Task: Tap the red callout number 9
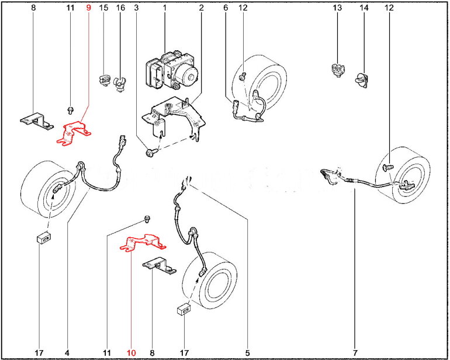pos(88,8)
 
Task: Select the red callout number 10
pos(131,352)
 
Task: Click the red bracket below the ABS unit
pos(143,243)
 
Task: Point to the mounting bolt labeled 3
pos(151,152)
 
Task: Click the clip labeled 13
pos(338,70)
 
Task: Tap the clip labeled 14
pos(362,80)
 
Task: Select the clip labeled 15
pos(105,81)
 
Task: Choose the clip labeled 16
pos(120,84)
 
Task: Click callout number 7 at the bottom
pos(355,352)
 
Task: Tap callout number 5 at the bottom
pos(247,352)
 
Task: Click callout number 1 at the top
pos(165,8)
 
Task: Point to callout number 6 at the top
pos(226,8)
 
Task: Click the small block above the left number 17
pos(44,238)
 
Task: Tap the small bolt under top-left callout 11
pos(70,110)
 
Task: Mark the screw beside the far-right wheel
pos(388,167)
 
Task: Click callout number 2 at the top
pos(201,8)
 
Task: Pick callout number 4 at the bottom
pos(67,352)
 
